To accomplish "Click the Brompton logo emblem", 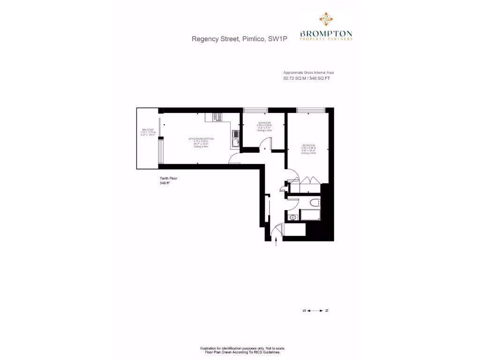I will (x=326, y=19).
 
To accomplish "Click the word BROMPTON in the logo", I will (x=326, y=34).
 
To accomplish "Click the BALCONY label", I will (x=147, y=130).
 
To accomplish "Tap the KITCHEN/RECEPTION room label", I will (x=201, y=139).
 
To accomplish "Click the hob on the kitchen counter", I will (x=217, y=117).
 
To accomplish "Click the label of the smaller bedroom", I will (x=264, y=123).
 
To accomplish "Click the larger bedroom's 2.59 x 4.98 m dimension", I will (x=308, y=148).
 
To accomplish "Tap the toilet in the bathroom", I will (x=315, y=202).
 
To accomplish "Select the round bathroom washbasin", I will (x=293, y=217).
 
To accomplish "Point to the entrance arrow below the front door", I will (x=276, y=241).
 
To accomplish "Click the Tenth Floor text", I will (x=169, y=179).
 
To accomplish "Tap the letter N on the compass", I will (x=327, y=310).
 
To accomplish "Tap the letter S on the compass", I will (x=304, y=310).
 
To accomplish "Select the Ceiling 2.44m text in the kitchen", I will (x=201, y=147).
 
